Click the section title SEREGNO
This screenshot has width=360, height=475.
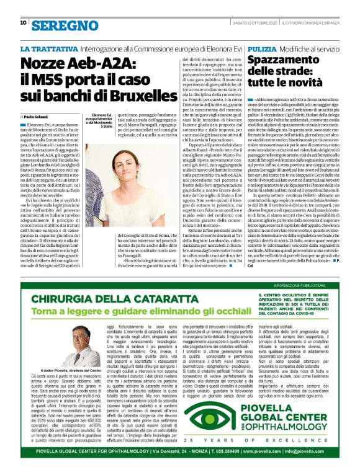[x=58, y=9]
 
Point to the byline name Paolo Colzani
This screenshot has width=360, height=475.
[x=41, y=116]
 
